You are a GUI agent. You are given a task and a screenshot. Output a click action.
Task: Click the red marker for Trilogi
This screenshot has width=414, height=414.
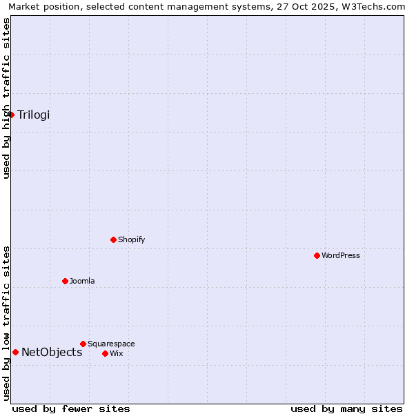[12, 115]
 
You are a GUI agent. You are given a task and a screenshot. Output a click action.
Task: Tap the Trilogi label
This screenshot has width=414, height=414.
[34, 115]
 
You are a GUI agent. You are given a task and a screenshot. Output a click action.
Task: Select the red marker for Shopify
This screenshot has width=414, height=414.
[114, 239]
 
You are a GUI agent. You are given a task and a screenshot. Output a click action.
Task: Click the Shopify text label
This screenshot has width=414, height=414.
[132, 239]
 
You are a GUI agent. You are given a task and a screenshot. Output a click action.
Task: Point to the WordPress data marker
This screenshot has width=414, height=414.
[317, 255]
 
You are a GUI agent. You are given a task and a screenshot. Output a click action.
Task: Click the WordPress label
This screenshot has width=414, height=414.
[341, 255]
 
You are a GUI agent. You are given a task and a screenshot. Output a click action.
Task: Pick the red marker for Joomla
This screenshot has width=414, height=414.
[66, 281]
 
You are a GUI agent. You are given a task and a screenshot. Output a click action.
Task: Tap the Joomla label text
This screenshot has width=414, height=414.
[82, 281]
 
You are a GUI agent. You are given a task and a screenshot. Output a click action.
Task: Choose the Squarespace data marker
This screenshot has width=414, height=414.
[83, 344]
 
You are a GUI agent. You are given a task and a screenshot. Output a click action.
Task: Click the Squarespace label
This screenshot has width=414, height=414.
[111, 344]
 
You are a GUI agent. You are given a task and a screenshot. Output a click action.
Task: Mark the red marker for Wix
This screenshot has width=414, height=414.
[106, 353]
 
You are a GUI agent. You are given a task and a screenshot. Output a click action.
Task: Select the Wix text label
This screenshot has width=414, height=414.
[117, 353]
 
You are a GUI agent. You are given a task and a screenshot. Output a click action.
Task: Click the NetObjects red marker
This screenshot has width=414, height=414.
[16, 352]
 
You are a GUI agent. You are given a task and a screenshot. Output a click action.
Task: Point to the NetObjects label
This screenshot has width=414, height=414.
[52, 352]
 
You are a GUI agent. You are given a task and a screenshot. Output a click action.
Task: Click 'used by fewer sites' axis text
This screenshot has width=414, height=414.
[71, 408]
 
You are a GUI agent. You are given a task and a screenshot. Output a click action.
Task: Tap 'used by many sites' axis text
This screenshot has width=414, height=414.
[346, 408]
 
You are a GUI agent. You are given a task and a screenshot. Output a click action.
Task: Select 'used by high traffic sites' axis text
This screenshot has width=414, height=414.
[6, 98]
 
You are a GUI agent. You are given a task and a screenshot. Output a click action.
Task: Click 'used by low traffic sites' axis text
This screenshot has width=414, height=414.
[6, 323]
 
